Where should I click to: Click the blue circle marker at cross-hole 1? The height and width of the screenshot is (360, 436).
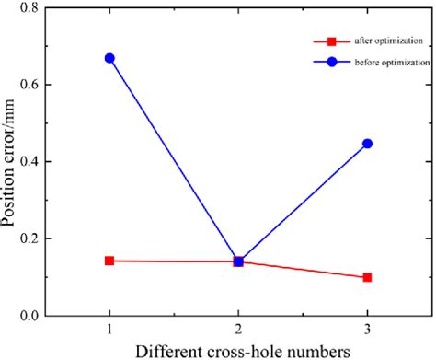click(x=109, y=58)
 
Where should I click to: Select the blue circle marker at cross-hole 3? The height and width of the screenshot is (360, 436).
click(x=367, y=144)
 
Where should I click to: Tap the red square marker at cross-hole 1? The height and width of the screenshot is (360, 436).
click(x=109, y=261)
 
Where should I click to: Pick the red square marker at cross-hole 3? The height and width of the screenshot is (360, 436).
click(x=367, y=277)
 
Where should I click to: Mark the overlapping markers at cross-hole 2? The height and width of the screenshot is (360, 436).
click(x=238, y=261)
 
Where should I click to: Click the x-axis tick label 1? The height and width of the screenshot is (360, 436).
click(x=109, y=329)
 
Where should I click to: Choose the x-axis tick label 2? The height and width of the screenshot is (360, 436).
click(x=238, y=329)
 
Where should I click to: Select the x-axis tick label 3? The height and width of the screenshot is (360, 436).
click(x=367, y=329)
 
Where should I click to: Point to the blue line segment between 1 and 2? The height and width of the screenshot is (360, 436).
click(x=174, y=159)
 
